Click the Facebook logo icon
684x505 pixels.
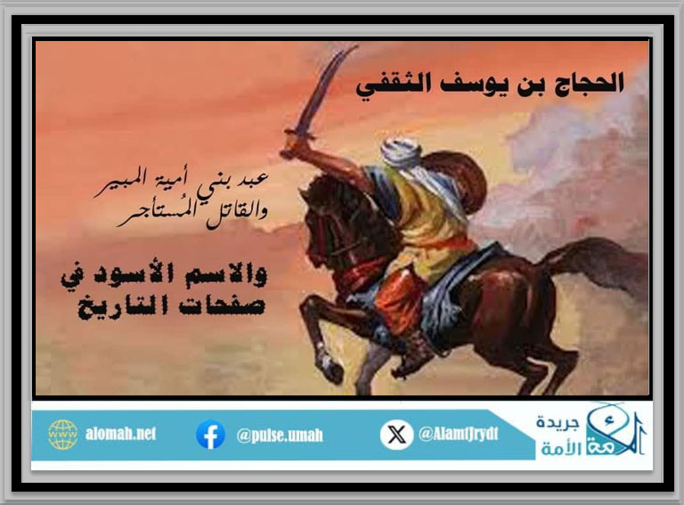click(x=210, y=435)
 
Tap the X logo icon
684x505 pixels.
click(x=396, y=435)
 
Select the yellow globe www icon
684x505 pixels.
click(x=63, y=435)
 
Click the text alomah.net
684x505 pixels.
click(x=120, y=434)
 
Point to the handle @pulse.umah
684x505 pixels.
click(x=280, y=436)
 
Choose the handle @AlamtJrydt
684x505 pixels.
click(x=459, y=434)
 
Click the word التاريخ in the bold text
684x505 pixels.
click(x=123, y=305)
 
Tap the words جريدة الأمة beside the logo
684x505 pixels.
click(x=558, y=436)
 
